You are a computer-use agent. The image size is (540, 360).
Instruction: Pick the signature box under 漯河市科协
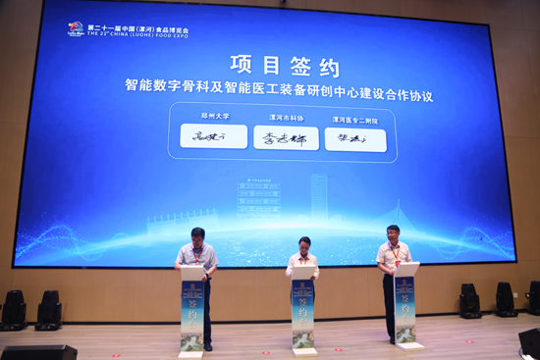[x=286, y=138]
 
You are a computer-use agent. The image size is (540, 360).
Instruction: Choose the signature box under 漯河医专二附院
[x=354, y=139]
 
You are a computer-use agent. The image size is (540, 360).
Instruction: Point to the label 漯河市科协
[x=286, y=118]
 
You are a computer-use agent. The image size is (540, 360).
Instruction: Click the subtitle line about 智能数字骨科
[x=279, y=96]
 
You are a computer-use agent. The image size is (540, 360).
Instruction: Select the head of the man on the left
[x=197, y=236]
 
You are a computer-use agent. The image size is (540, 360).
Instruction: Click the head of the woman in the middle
[x=304, y=244]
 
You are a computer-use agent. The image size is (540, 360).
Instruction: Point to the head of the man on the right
[x=392, y=233]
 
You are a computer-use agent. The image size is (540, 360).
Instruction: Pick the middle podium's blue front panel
[x=302, y=314]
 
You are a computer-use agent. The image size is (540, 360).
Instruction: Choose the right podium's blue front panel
[x=405, y=309]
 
